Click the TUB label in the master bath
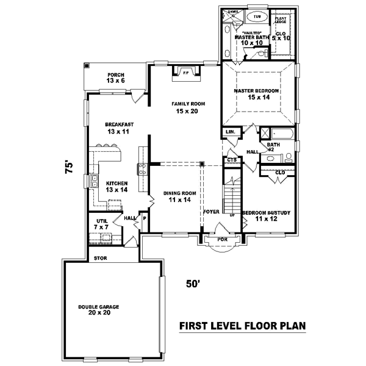coord(256,16)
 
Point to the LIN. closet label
coord(230,132)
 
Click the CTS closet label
coord(231,160)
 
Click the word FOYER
coord(211,212)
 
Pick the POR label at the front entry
coord(222,240)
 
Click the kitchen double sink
coord(95,181)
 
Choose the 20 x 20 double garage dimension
coord(98,312)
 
